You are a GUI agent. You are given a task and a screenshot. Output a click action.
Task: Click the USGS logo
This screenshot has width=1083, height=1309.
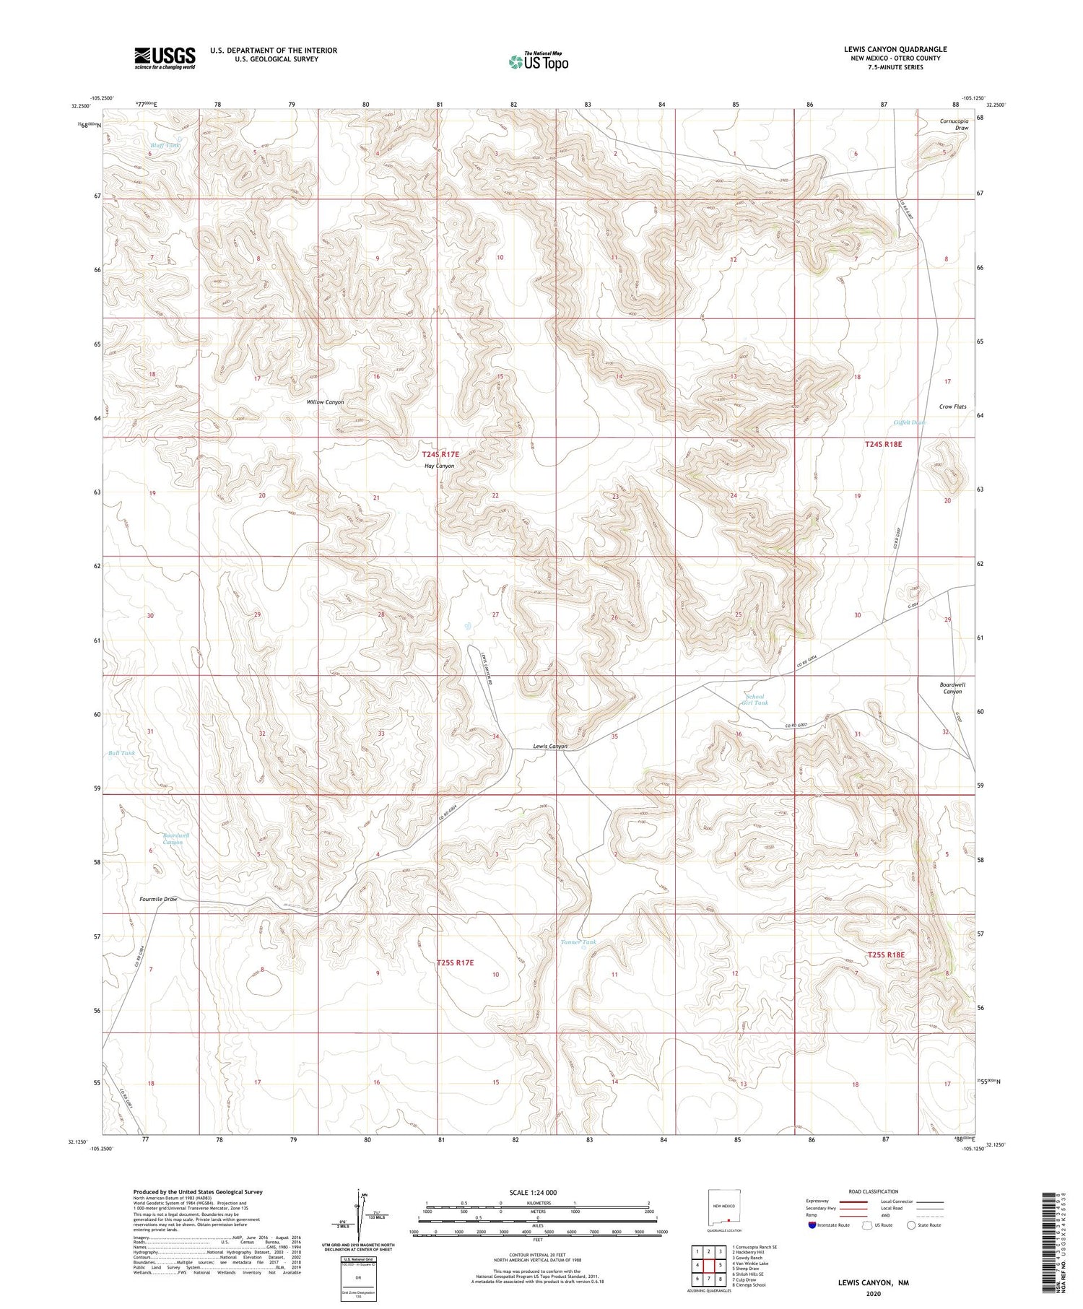(x=165, y=58)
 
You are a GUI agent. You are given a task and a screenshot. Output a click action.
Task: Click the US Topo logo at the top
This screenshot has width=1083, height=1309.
(x=538, y=61)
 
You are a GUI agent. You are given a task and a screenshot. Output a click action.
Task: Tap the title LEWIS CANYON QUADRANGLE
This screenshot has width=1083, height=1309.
(x=895, y=49)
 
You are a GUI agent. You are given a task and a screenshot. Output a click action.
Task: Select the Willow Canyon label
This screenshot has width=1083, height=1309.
(x=325, y=401)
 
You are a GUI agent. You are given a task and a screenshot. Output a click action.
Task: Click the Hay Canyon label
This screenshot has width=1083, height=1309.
(x=439, y=466)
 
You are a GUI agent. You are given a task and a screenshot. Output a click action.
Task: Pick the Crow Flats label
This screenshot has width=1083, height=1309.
(x=952, y=406)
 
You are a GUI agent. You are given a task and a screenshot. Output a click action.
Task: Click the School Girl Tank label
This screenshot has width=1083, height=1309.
(x=755, y=700)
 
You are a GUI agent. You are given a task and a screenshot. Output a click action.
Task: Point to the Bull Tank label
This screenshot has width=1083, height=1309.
(x=121, y=753)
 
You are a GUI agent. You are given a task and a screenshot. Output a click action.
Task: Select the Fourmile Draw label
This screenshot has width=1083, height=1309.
(x=158, y=899)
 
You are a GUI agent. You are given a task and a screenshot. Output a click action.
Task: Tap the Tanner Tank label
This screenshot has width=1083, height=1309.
(x=578, y=941)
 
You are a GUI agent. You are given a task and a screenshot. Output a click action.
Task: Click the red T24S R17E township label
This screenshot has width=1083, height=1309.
(x=440, y=455)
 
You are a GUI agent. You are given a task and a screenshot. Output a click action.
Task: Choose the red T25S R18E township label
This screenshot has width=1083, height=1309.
(x=885, y=954)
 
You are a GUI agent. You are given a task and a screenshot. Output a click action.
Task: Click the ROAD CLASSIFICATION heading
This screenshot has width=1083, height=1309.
(x=873, y=1191)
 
